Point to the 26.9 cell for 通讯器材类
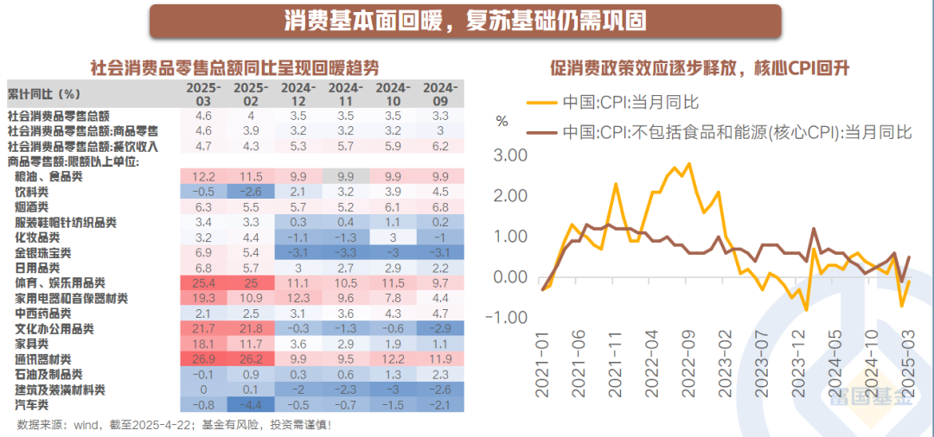(204, 359)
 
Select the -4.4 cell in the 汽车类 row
(251, 405)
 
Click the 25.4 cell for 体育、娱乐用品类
(204, 283)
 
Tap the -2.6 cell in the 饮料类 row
(251, 191)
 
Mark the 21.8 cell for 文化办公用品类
(251, 329)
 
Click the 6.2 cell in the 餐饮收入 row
(439, 146)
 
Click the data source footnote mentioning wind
(174, 425)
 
